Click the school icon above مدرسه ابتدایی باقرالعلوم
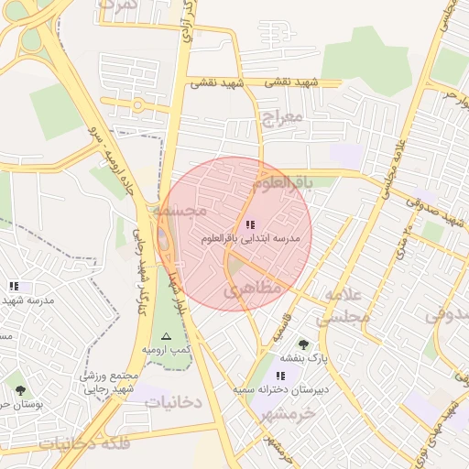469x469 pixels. point(250,224)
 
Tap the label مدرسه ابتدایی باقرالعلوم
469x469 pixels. point(250,238)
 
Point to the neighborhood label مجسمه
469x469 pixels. point(180,211)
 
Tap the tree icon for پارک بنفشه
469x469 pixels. point(303,344)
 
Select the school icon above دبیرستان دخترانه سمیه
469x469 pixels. point(279,376)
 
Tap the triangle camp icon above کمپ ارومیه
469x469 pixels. point(166,336)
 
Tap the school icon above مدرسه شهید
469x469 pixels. point(14,287)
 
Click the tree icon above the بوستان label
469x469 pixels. point(20,390)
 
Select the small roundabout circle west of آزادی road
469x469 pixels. point(139,104)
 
